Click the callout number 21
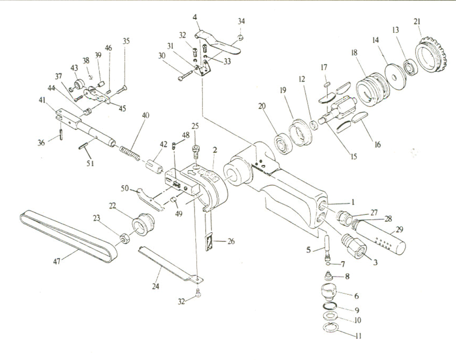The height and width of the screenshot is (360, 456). (x=417, y=21)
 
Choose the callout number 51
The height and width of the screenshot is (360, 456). (x=90, y=163)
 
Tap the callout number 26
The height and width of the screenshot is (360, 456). (x=231, y=241)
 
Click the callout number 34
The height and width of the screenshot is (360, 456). (x=241, y=21)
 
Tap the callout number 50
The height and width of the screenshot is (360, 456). (x=124, y=188)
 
